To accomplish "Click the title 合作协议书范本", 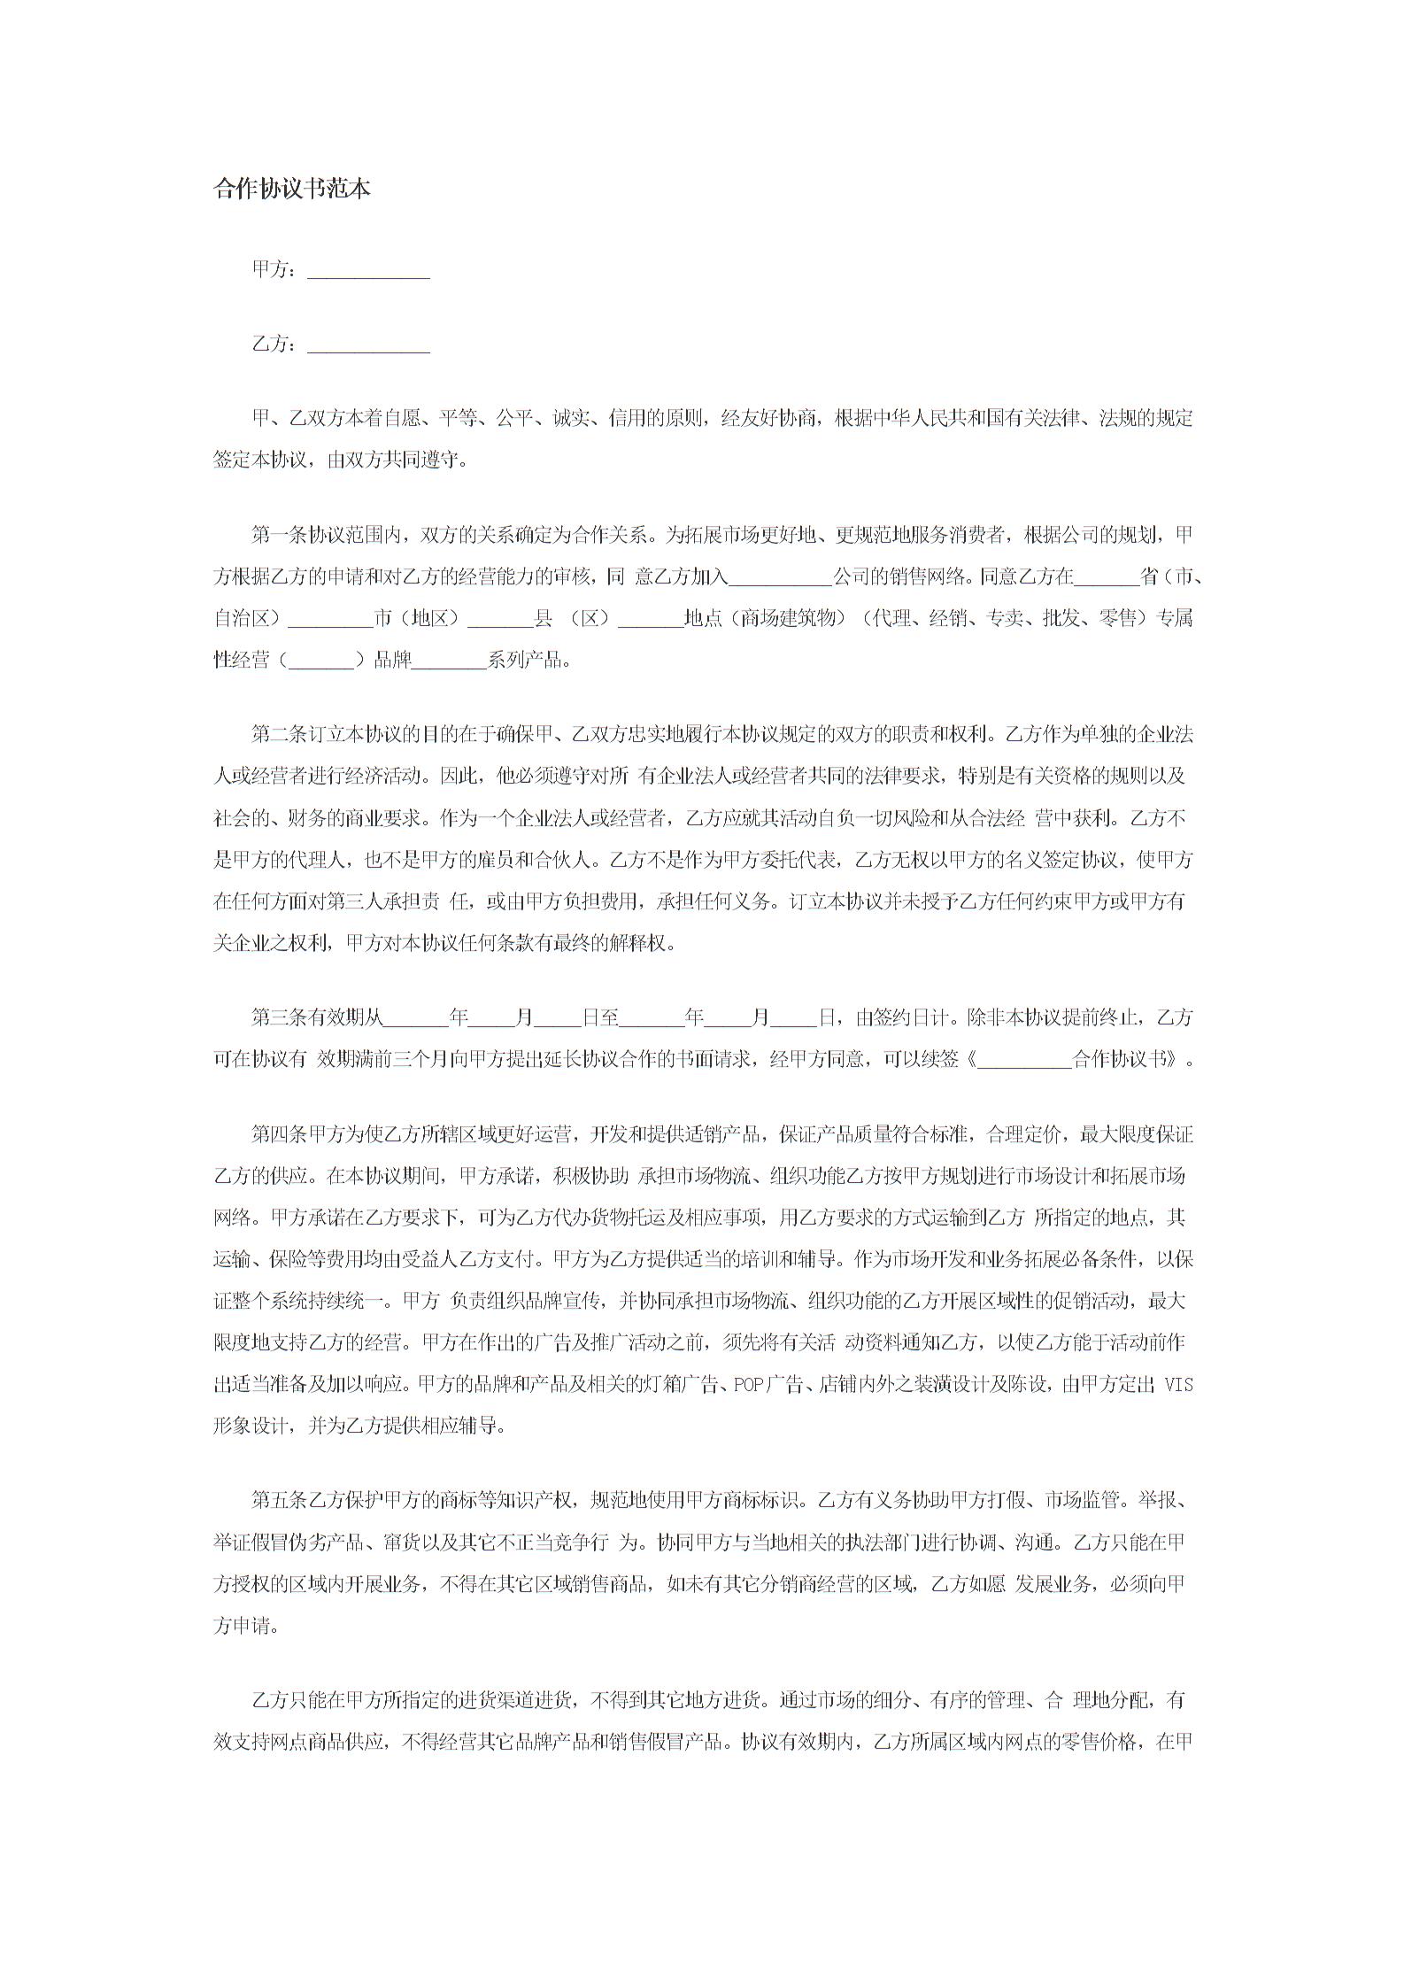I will click(292, 189).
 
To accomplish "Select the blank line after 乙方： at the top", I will click(368, 346).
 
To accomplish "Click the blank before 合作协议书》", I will click(1023, 1059).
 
